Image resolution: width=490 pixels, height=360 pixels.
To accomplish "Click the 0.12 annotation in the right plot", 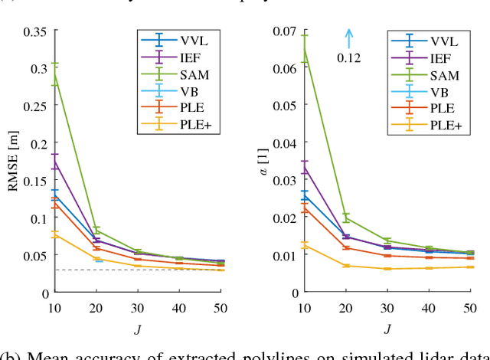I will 348,57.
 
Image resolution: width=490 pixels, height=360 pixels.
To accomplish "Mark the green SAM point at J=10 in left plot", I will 54,74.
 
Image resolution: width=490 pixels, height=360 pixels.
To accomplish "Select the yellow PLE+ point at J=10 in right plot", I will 305,246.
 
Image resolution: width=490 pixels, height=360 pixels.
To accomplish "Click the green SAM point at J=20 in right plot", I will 346,218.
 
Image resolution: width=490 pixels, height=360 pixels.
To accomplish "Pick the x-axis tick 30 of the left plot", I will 138,308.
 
